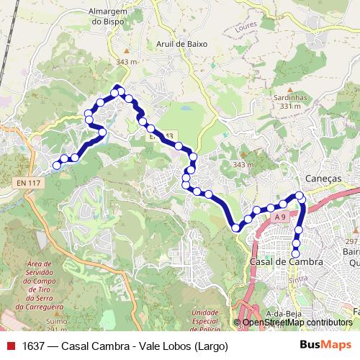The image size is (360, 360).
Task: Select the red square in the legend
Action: point(11,346)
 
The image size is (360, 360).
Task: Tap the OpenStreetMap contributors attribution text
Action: point(297,323)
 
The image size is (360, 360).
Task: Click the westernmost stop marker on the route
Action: point(57,166)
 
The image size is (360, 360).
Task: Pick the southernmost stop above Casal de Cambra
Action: point(295,252)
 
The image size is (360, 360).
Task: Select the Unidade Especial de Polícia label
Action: point(205,316)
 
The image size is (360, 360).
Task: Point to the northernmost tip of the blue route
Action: point(117,87)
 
